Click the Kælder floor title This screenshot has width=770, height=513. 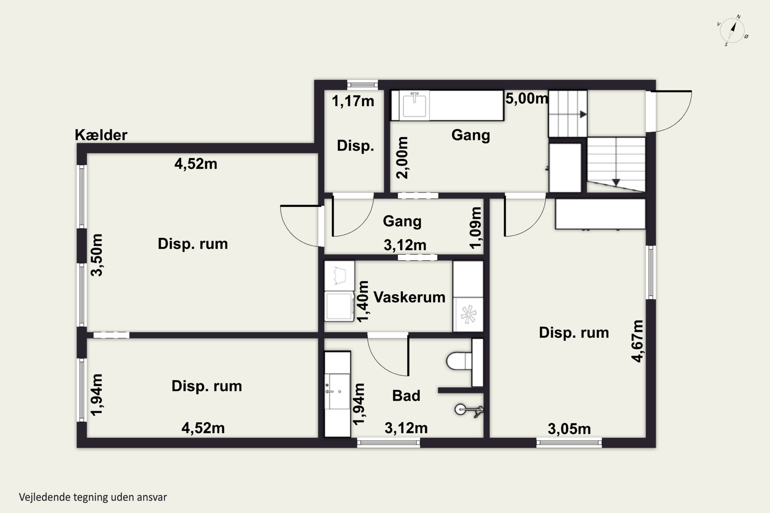(101, 135)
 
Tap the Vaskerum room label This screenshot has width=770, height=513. (409, 297)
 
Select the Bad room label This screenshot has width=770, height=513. (406, 396)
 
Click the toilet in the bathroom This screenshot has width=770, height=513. (459, 361)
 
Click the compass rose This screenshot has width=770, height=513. (732, 31)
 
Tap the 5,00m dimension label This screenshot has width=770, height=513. (526, 98)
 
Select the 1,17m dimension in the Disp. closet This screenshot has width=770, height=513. (353, 101)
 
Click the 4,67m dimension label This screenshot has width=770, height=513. (637, 341)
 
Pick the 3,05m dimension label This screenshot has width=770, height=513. (569, 429)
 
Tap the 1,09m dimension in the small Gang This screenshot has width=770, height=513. (476, 228)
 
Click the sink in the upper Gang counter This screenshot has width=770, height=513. (414, 105)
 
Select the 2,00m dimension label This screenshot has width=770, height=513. (402, 158)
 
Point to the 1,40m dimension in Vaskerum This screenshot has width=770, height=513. (362, 301)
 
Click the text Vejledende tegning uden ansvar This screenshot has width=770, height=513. (93, 497)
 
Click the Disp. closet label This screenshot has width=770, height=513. (355, 146)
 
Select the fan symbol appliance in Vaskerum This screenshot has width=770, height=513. (468, 314)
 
